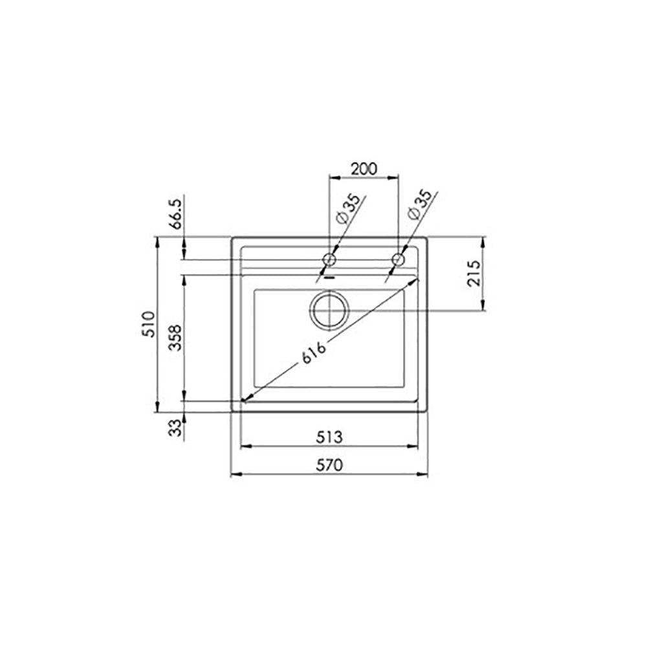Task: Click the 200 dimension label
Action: pos(364,169)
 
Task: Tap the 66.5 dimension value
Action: pos(176,214)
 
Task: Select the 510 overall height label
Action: pos(149,324)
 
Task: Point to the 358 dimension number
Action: pos(176,338)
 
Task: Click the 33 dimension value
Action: pos(176,428)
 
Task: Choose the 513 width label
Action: pos(329,437)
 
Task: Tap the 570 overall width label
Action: pos(329,465)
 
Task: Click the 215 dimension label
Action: pos(474,273)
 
